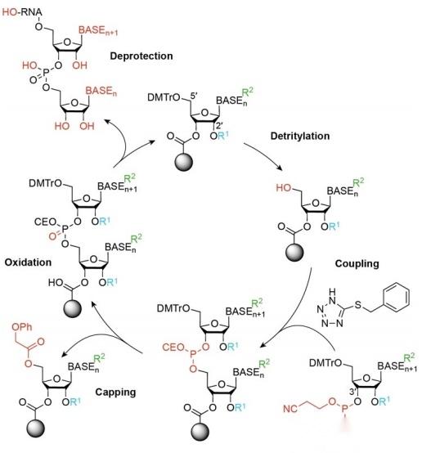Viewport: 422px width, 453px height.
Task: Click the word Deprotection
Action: (141, 56)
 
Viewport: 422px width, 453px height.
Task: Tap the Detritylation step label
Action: (300, 136)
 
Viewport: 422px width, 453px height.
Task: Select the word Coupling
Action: (357, 264)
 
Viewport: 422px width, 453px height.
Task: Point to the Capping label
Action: (115, 392)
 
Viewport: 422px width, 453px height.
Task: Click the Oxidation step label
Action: (28, 262)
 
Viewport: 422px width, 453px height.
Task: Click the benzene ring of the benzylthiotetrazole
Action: (396, 297)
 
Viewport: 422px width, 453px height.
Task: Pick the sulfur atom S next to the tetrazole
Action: (358, 304)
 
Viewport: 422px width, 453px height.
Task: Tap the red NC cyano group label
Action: (290, 409)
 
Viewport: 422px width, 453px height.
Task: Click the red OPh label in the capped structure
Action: (22, 327)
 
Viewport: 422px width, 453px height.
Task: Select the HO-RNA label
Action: (22, 12)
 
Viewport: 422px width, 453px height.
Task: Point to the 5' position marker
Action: (193, 96)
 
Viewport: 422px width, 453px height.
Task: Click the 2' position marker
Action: (219, 125)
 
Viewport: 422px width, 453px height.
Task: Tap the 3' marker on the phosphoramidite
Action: (352, 392)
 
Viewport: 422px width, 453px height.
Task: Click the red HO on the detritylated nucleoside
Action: (284, 188)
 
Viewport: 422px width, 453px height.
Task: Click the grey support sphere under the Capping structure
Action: (36, 428)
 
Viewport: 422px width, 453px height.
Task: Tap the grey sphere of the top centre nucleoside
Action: (184, 163)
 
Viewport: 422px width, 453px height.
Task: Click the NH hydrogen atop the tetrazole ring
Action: (333, 291)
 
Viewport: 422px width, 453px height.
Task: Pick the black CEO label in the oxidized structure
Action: (45, 222)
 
